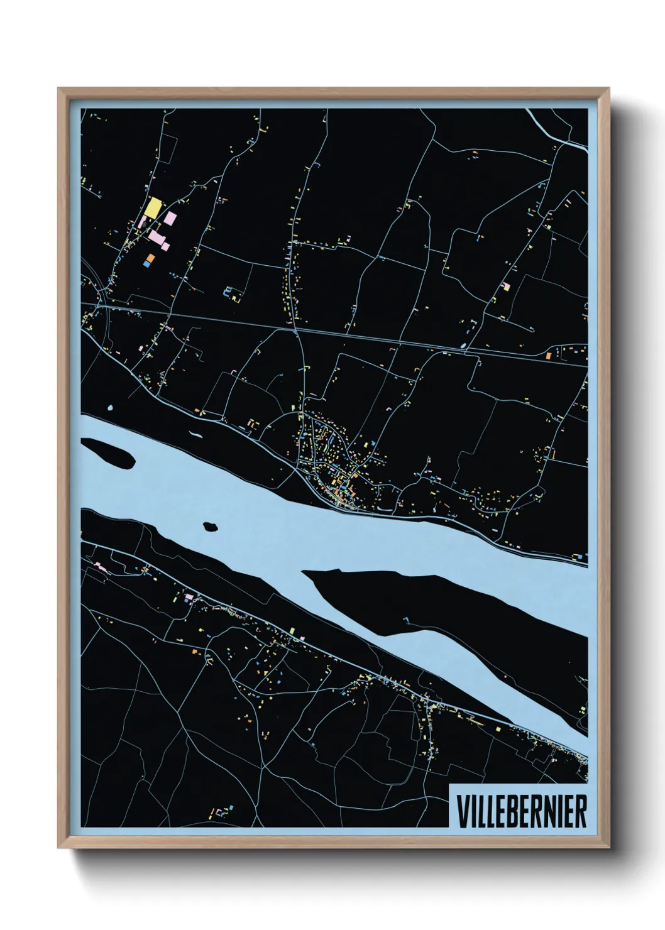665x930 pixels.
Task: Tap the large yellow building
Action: click(x=152, y=207)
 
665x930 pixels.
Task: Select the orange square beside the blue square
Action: click(x=151, y=257)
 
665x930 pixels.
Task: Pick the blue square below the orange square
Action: click(x=147, y=265)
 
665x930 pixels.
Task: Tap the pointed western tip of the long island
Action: click(x=305, y=572)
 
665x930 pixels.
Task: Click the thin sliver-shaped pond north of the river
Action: click(x=196, y=434)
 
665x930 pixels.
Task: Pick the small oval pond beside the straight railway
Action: click(x=464, y=345)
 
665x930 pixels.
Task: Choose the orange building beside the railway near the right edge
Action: click(x=548, y=356)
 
